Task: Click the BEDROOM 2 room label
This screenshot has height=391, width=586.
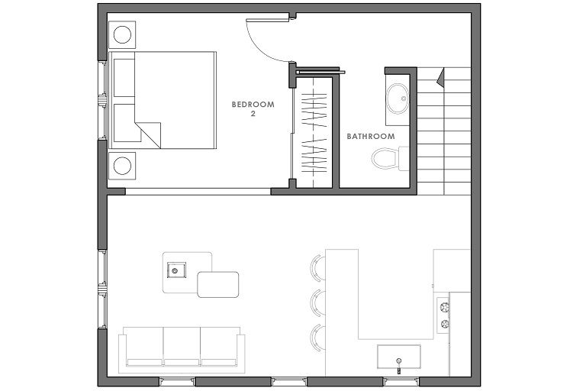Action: (x=253, y=109)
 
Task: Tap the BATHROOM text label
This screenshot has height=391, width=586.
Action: (x=371, y=137)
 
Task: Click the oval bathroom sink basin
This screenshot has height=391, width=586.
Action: (x=398, y=99)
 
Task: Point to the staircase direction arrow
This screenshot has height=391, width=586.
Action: (x=439, y=77)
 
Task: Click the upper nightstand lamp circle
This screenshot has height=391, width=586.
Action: (x=122, y=35)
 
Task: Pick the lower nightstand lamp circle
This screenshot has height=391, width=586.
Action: (x=122, y=166)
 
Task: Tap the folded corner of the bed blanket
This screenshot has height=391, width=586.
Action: (x=148, y=135)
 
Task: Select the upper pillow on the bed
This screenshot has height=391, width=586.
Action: (x=124, y=77)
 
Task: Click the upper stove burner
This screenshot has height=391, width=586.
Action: (x=444, y=307)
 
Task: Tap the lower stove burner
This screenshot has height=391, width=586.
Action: (x=444, y=324)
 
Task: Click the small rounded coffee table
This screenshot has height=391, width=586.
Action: (x=218, y=284)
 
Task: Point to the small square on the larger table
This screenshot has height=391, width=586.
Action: (x=176, y=270)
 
